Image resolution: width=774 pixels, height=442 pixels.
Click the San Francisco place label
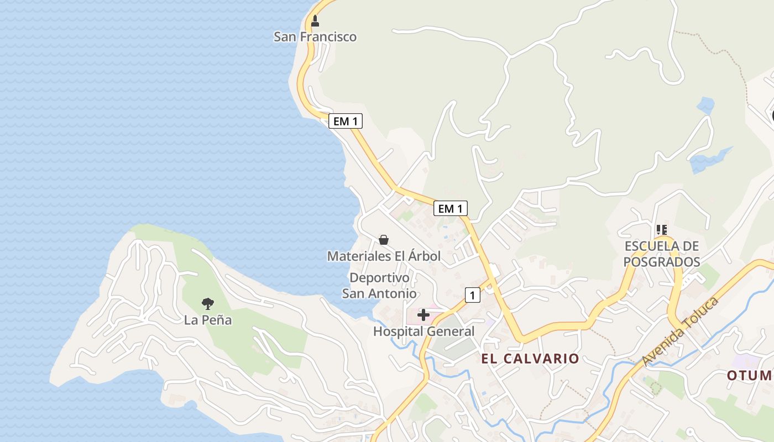click(x=315, y=37)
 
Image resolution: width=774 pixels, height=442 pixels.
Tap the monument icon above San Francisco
click(x=315, y=21)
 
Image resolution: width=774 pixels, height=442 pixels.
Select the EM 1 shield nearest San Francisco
click(x=346, y=121)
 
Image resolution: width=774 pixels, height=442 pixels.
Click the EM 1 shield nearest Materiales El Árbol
click(x=451, y=208)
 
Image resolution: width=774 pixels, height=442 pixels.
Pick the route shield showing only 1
click(x=472, y=295)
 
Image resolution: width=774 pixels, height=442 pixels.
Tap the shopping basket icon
click(x=384, y=240)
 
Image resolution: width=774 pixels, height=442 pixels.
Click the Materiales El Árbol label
click(x=384, y=256)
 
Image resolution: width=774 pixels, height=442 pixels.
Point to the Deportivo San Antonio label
click(x=379, y=285)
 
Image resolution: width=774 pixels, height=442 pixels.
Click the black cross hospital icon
click(x=423, y=315)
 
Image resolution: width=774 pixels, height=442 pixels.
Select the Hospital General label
click(x=423, y=331)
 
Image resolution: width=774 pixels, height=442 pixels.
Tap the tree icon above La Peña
click(x=207, y=303)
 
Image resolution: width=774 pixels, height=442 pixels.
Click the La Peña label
click(x=208, y=320)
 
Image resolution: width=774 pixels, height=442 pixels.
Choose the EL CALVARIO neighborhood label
click(x=530, y=359)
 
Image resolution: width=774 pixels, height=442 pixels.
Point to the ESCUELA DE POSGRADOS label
click(x=662, y=254)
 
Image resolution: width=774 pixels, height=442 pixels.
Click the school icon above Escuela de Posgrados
click(x=662, y=229)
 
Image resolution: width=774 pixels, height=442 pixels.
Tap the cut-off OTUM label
click(x=749, y=376)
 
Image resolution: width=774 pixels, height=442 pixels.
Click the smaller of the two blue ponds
click(x=705, y=105)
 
